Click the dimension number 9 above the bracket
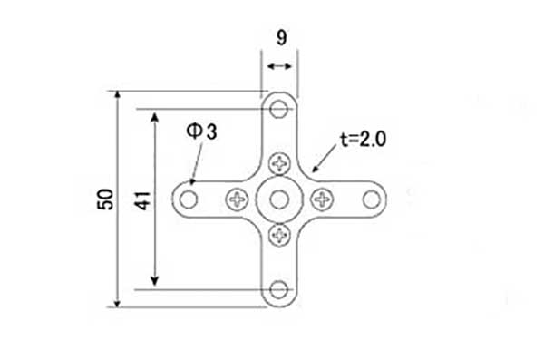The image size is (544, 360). [282, 37]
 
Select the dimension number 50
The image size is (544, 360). [105, 199]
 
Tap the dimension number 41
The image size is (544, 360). [142, 200]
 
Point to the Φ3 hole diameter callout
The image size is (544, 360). [201, 131]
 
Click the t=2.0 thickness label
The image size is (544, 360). [363, 140]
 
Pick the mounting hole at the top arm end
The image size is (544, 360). [279, 109]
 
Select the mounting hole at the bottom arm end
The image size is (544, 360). [279, 290]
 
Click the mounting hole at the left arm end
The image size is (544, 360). [189, 199]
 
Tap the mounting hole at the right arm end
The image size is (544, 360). [372, 199]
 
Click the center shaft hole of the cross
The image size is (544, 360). [279, 199]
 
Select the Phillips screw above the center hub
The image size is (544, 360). [279, 163]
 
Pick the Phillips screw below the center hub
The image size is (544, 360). [279, 236]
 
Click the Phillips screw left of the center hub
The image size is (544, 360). [238, 199]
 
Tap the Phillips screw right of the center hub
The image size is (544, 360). [322, 199]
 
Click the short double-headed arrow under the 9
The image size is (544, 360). [279, 66]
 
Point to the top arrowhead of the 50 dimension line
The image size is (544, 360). [118, 95]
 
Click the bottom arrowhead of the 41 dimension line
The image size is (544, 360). [155, 281]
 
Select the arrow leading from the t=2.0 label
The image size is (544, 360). [325, 159]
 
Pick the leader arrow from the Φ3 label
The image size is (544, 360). [197, 162]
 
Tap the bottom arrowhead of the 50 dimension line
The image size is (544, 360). [118, 303]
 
